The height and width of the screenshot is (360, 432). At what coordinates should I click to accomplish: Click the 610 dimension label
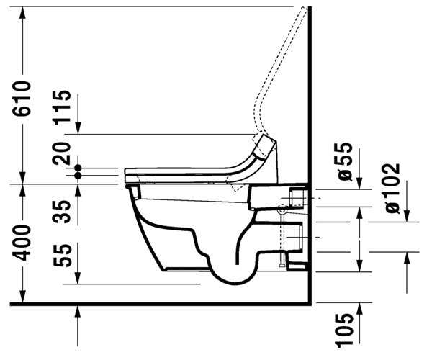(22, 98)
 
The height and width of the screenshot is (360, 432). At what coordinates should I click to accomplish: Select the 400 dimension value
(22, 243)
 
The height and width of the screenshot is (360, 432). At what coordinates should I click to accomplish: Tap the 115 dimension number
(63, 107)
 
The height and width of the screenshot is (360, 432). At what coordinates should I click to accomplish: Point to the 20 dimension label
(62, 153)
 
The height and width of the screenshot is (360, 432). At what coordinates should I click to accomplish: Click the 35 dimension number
(63, 212)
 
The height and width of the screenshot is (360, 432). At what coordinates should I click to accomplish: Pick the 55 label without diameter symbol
(63, 256)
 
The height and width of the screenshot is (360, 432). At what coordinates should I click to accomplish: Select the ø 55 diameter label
(345, 162)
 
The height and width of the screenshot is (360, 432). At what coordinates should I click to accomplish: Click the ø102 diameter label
(392, 189)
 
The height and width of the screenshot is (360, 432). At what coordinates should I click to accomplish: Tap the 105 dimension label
(344, 329)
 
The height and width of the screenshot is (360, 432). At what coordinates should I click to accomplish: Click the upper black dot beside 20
(78, 168)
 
